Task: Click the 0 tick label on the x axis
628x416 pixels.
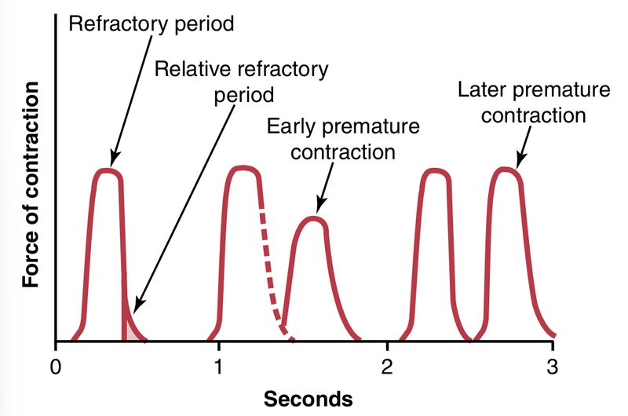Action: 56,366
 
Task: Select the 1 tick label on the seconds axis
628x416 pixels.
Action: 221,366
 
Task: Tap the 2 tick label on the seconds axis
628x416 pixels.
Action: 386,366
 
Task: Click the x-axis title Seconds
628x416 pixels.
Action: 308,399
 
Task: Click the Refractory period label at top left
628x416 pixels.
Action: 152,23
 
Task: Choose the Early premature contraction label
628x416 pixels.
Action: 343,138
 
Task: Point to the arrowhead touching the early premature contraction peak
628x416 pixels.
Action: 318,210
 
